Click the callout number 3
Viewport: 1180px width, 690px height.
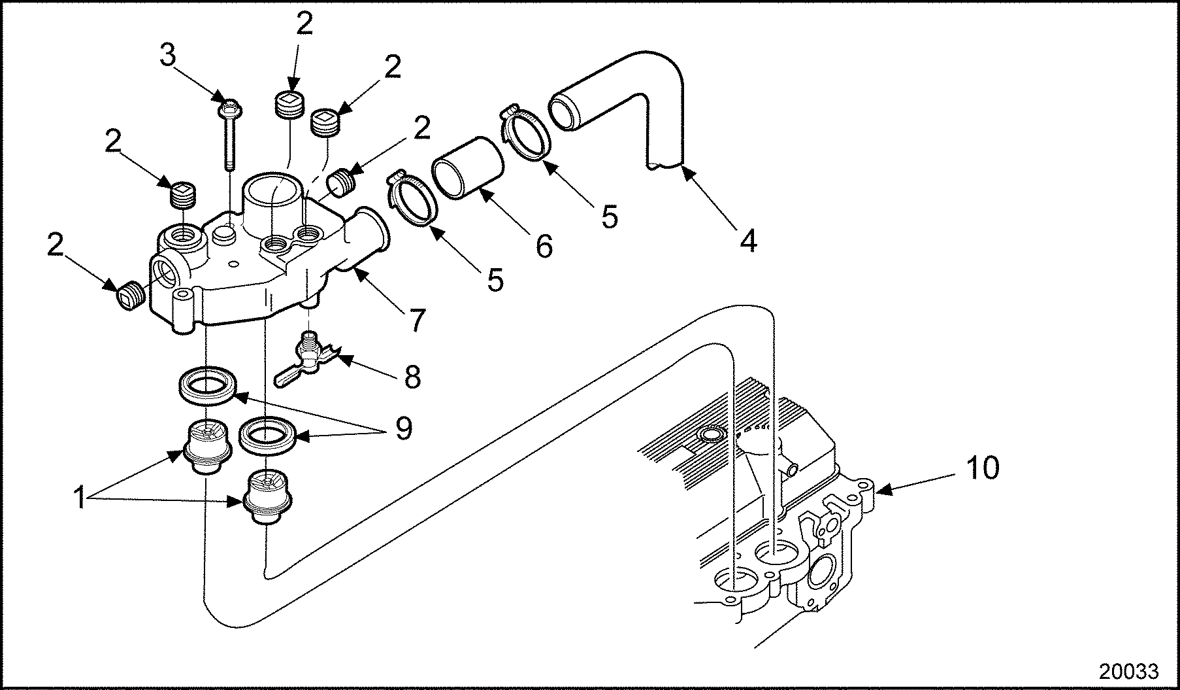(x=168, y=57)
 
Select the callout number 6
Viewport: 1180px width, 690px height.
(x=544, y=245)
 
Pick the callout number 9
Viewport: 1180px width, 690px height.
(x=403, y=428)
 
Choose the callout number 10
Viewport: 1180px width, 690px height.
(x=981, y=468)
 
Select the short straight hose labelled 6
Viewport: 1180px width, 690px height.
(x=467, y=167)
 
